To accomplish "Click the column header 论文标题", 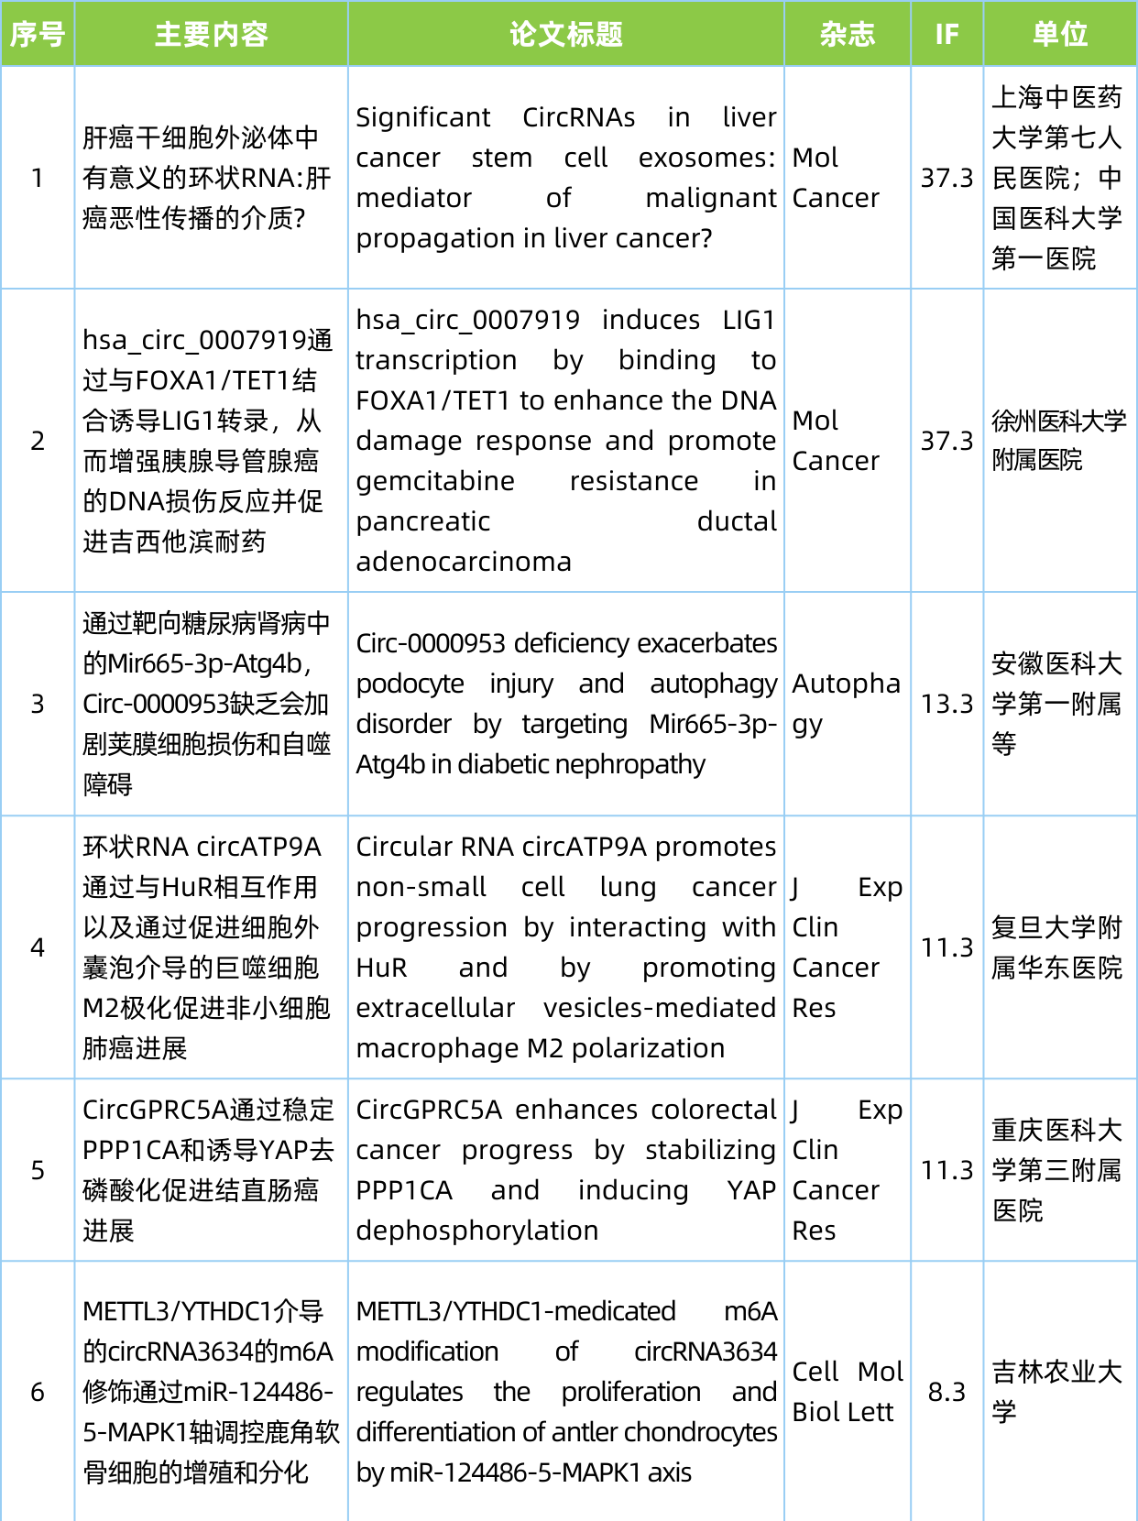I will (x=565, y=35).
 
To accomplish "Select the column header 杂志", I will (x=847, y=35).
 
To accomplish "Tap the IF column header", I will (x=947, y=35).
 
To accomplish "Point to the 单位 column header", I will (x=1059, y=35).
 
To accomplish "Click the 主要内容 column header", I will (x=211, y=35).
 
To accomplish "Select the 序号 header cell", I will (x=38, y=35).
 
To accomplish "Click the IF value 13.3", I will (x=947, y=704).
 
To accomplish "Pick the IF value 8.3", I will (x=947, y=1392).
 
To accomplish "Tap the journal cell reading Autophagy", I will (x=846, y=704).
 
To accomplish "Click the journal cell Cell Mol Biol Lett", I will (x=847, y=1392).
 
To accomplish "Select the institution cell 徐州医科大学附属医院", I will (x=1058, y=441).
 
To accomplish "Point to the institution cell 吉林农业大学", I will (x=1056, y=1392).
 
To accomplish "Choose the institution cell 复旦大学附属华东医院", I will (x=1056, y=947).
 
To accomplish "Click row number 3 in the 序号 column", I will (x=38, y=704).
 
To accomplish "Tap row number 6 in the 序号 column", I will (x=38, y=1392).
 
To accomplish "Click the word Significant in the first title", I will (x=422, y=117).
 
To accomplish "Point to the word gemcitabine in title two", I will (x=435, y=481).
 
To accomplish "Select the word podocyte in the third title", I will (x=410, y=684).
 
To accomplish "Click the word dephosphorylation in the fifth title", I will (x=476, y=1231).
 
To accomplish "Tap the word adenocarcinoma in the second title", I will (x=464, y=562).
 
